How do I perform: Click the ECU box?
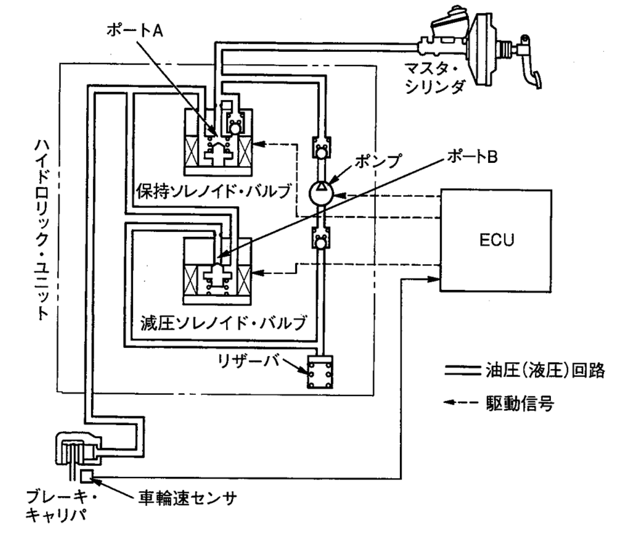pyautogui.click(x=496, y=241)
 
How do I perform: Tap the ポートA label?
pyautogui.click(x=135, y=31)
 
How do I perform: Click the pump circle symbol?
pyautogui.click(x=321, y=193)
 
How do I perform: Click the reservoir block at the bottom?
pyautogui.click(x=320, y=372)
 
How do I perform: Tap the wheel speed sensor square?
pyautogui.click(x=87, y=476)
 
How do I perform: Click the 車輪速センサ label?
pyautogui.click(x=188, y=498)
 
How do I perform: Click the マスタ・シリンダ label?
pyautogui.click(x=435, y=78)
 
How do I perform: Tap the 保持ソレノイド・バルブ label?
pyautogui.click(x=213, y=192)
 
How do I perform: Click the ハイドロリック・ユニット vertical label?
pyautogui.click(x=41, y=230)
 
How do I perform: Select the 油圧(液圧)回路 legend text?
pyautogui.click(x=545, y=371)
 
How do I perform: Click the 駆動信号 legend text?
pyautogui.click(x=520, y=403)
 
